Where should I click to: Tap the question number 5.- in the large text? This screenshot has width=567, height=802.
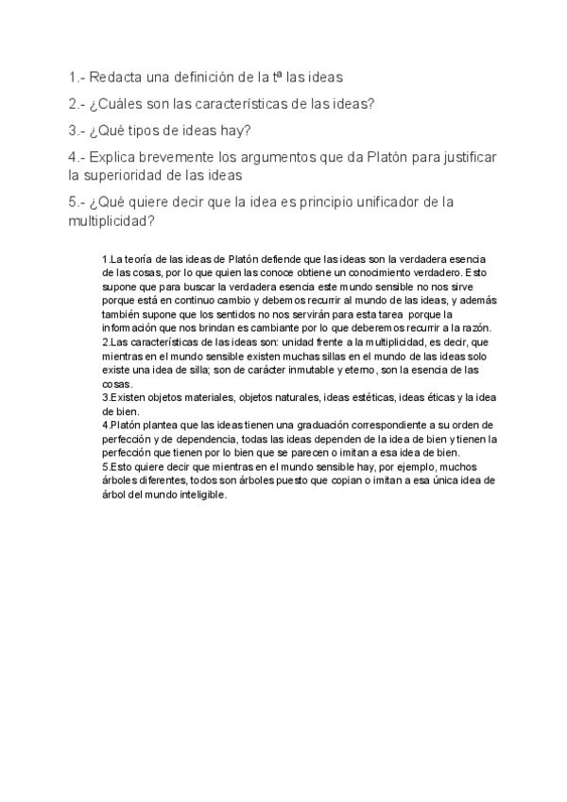pos(77,202)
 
